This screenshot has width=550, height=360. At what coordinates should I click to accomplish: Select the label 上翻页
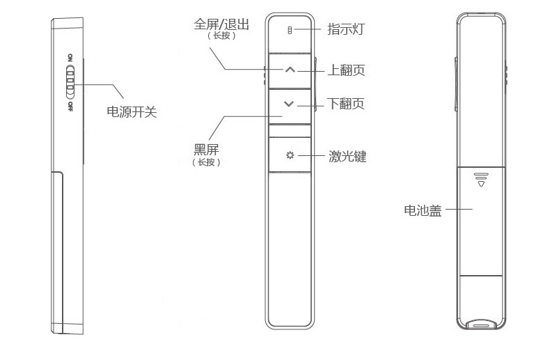point(346,70)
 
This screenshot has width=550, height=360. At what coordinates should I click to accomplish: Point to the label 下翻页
point(346,104)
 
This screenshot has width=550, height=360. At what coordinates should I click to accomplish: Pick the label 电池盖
point(423,210)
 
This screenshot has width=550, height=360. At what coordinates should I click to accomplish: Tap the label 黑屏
point(207,149)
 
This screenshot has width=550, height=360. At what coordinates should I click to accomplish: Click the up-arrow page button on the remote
point(290,70)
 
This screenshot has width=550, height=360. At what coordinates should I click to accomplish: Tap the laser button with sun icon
point(290,155)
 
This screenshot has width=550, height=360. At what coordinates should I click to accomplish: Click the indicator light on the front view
point(290,30)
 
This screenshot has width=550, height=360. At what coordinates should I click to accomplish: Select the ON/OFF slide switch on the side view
point(70,82)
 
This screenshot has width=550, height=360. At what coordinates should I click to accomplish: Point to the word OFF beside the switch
point(70,106)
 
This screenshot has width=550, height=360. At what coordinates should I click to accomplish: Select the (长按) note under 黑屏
point(207,162)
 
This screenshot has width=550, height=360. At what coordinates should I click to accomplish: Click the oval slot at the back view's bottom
point(480,324)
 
